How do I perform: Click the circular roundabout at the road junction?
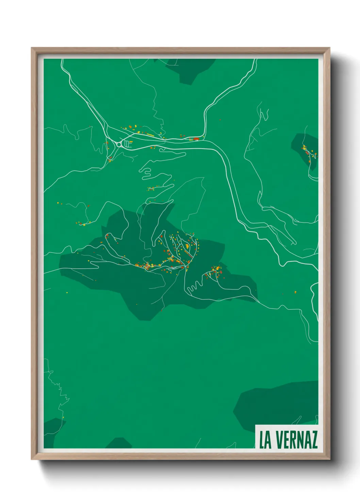[x=119, y=144]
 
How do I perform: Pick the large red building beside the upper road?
[x=196, y=139]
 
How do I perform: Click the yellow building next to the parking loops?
[x=130, y=141]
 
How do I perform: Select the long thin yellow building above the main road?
[x=150, y=135]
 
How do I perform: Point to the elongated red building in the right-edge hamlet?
[x=307, y=153]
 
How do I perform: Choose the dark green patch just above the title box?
[x=276, y=404]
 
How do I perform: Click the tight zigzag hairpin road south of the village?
[x=193, y=288]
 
